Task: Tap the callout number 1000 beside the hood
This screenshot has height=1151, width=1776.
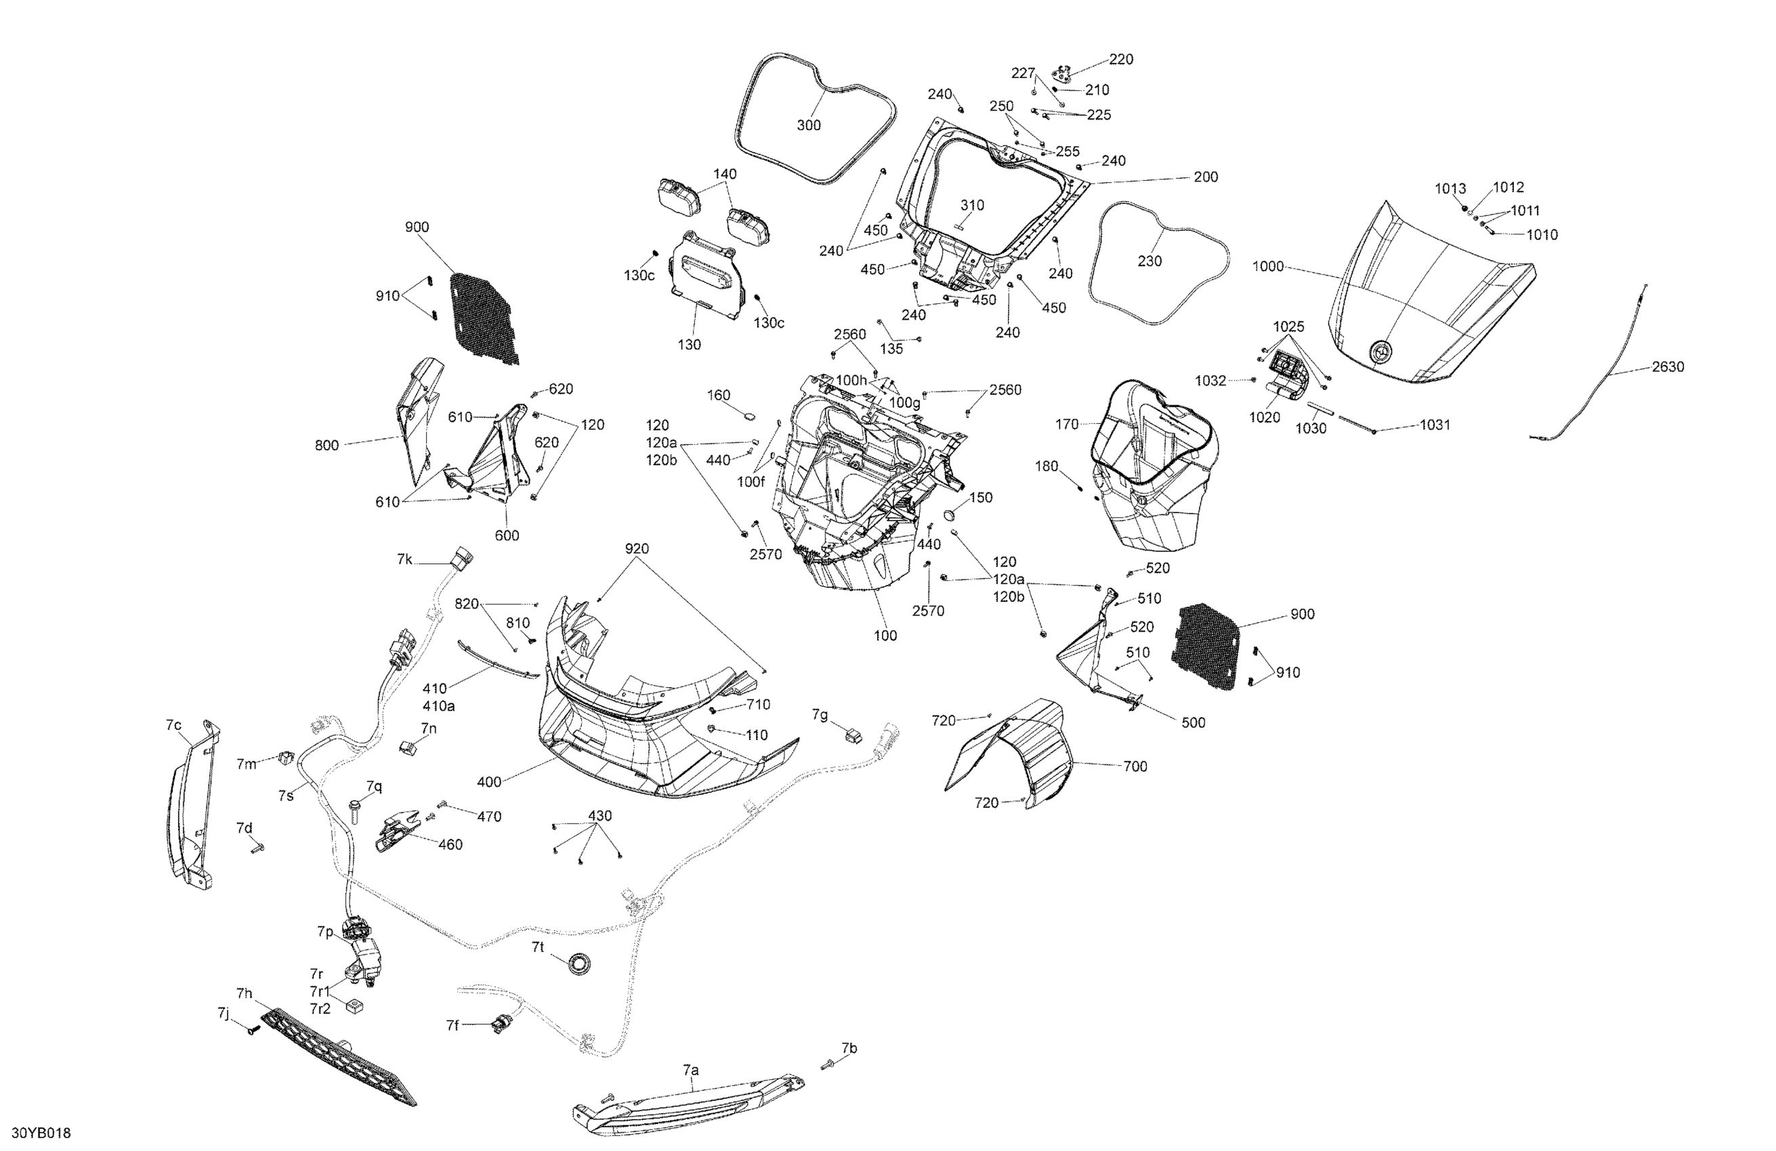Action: (x=1268, y=266)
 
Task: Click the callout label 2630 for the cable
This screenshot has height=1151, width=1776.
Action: (x=1668, y=366)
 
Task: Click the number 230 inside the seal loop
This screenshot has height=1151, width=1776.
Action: (x=1149, y=261)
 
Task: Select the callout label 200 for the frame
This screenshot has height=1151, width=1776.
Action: (x=1206, y=177)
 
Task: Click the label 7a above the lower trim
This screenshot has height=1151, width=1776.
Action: (x=691, y=1070)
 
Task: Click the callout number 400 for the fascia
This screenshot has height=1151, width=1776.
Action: (x=489, y=782)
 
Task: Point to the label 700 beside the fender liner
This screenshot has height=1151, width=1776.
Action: (x=1135, y=766)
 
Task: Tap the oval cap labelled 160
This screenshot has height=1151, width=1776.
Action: (x=750, y=413)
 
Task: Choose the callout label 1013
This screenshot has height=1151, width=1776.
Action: (x=1451, y=189)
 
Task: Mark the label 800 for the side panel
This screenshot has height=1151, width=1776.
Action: (x=327, y=446)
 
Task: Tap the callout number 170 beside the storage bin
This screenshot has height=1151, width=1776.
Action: (x=1067, y=424)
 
